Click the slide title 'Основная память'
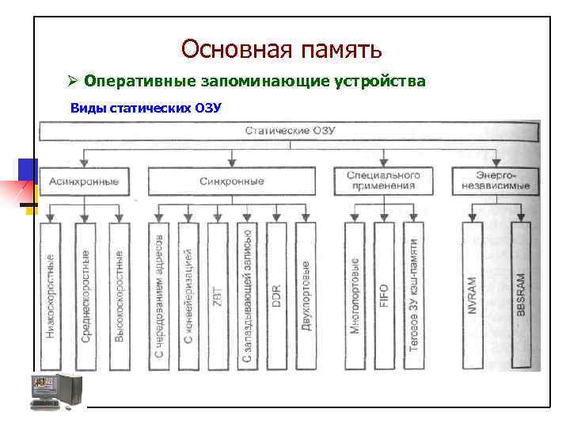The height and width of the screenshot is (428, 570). [x=281, y=49]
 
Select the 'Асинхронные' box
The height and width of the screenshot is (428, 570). [x=85, y=182]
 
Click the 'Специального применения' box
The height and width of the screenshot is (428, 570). [x=384, y=181]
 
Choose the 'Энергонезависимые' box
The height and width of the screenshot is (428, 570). [x=492, y=181]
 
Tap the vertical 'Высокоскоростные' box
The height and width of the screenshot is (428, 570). [x=119, y=295]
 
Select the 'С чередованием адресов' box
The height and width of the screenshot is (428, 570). [x=159, y=295]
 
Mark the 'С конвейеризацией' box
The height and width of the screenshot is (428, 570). [x=188, y=295]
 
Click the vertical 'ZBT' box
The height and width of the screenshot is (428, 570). [x=218, y=295]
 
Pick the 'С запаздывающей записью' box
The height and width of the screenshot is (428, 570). [x=247, y=295]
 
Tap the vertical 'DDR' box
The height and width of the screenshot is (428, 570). [x=276, y=295]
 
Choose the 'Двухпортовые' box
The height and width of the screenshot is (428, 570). [x=306, y=295]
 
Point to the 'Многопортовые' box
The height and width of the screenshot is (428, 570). [x=355, y=295]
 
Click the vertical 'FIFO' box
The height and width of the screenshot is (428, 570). [x=384, y=295]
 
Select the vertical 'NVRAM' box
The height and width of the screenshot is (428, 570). [x=472, y=295]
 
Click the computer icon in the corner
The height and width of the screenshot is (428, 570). [x=55, y=390]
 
